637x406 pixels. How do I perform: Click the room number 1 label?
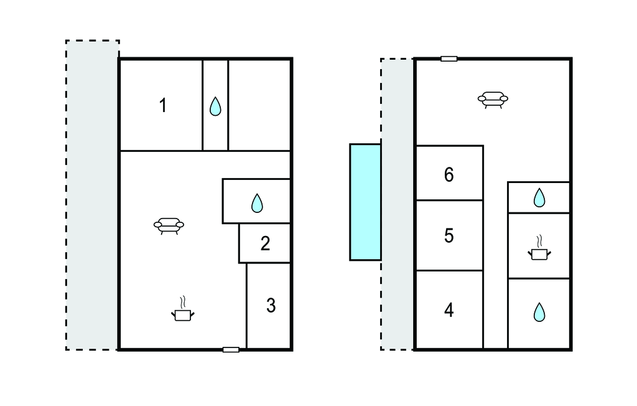tap(163, 105)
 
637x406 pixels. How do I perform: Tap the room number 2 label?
tap(265, 243)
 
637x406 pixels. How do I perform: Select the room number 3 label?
tap(271, 305)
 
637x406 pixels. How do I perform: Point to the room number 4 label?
tap(449, 310)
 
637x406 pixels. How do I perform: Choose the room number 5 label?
tap(449, 235)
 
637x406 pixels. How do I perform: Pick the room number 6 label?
tap(449, 174)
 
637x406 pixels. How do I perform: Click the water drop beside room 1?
tap(215, 106)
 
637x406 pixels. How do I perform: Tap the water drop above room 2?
tap(257, 203)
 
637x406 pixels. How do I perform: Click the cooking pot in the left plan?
tap(182, 309)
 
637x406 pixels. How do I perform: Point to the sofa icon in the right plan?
tap(493, 100)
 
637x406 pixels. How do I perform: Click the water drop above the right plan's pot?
tap(539, 198)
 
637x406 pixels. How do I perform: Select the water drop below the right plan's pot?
tap(539, 312)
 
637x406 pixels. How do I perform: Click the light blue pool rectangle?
tap(365, 202)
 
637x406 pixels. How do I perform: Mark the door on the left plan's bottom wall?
tap(231, 349)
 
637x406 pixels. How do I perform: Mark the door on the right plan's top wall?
tap(449, 59)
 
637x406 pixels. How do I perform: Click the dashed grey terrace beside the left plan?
tap(92, 196)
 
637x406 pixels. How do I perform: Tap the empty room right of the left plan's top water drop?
tap(259, 105)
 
